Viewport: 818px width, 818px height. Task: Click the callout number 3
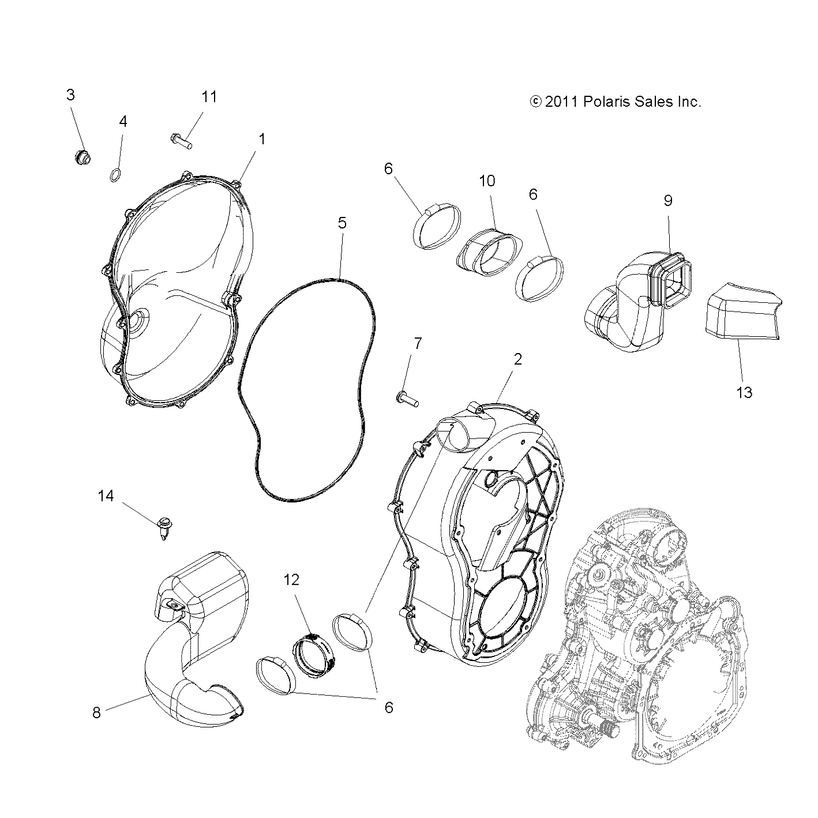point(70,95)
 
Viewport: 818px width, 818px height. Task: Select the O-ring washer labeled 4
point(115,174)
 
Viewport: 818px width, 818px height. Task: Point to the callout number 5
point(342,223)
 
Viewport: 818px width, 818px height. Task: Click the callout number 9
point(668,201)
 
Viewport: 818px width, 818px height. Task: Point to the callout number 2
point(517,359)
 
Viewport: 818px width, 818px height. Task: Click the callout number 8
point(96,712)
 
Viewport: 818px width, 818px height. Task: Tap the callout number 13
point(745,393)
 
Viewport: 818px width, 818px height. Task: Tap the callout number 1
point(262,139)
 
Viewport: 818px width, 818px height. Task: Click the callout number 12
point(292,580)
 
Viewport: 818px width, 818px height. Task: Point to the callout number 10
point(487,181)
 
